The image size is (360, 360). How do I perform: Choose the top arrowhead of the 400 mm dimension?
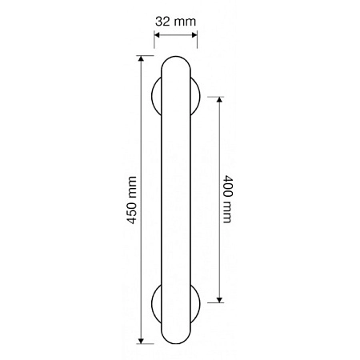click(x=220, y=100)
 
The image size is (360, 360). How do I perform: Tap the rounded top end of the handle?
click(x=175, y=62)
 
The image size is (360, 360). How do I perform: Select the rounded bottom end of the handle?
click(x=175, y=338)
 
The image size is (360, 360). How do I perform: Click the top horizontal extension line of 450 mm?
click(x=152, y=56)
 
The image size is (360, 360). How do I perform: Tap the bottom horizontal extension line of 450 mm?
click(x=152, y=345)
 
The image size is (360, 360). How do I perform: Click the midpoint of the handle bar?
click(x=175, y=200)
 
